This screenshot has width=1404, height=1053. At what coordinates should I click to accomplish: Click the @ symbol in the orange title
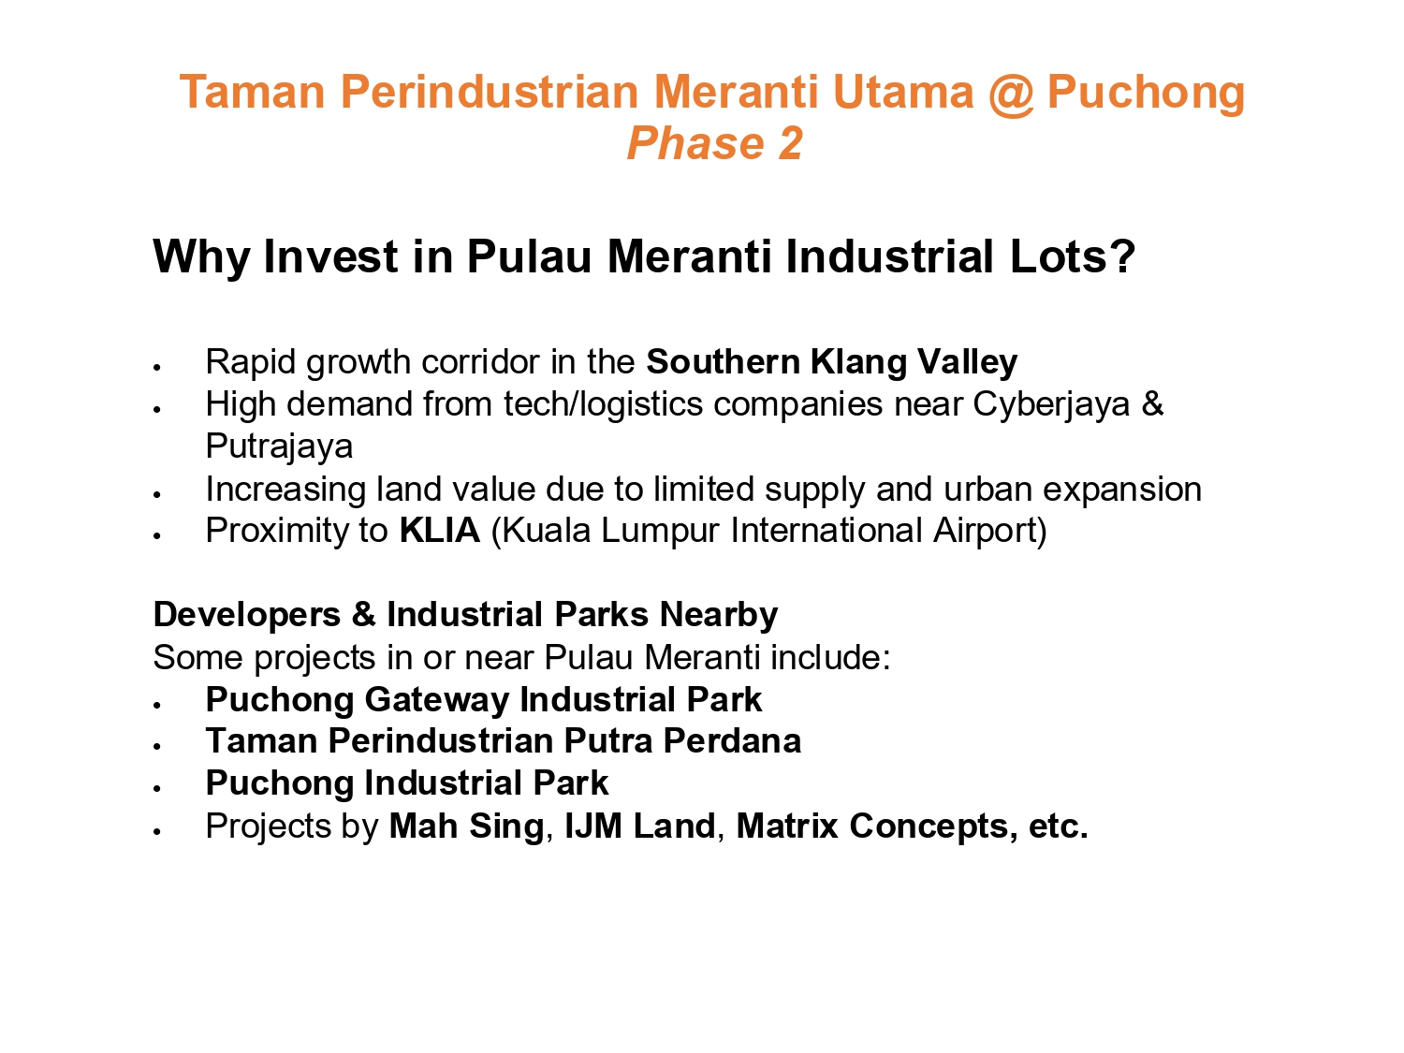[x=1011, y=94]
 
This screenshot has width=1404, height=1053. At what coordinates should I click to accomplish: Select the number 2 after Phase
[x=790, y=143]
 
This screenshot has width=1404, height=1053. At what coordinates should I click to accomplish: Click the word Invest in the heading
[x=330, y=256]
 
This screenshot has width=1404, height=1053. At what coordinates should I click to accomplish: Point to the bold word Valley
[x=967, y=362]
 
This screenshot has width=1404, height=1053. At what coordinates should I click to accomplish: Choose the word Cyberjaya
[x=1051, y=405]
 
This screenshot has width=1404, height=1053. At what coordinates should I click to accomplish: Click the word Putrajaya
[x=279, y=446]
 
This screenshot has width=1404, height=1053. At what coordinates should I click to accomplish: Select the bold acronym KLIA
[x=439, y=531]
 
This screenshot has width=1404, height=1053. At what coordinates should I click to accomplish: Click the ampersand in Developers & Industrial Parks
[x=363, y=615]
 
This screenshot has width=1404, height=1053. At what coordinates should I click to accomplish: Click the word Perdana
[x=732, y=741]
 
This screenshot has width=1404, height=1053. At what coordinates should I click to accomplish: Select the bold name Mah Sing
[x=467, y=826]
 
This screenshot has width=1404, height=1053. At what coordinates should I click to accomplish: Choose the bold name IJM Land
[x=640, y=826]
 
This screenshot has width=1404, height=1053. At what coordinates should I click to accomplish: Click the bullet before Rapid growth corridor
[x=156, y=368]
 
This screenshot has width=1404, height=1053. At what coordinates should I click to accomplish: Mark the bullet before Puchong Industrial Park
[x=156, y=789]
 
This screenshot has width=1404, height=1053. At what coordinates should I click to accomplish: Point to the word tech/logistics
[x=603, y=405]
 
